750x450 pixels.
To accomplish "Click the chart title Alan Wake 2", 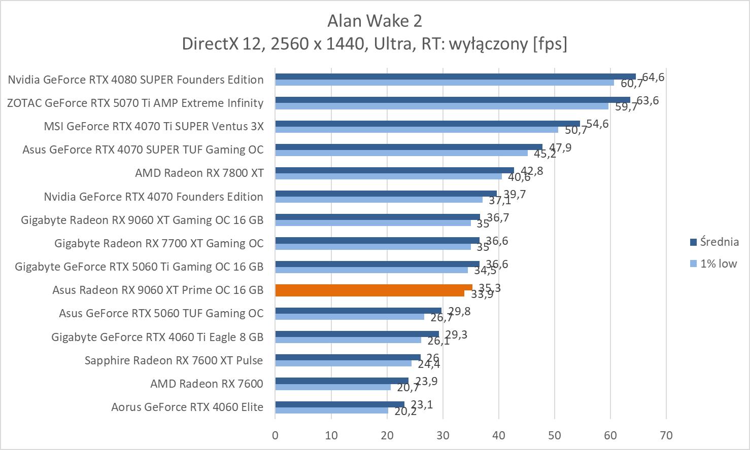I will click(374, 21).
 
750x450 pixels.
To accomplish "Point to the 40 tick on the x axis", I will click(499, 435).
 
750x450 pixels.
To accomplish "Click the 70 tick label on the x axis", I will click(666, 435).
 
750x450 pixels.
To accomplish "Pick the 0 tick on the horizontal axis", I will click(275, 435).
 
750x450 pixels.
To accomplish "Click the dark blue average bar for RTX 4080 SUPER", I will click(455, 77).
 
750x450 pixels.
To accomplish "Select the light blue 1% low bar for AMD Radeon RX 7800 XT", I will click(388, 176).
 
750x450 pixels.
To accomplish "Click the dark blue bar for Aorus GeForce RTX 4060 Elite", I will click(339, 404).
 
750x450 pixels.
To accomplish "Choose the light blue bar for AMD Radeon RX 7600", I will click(333, 387).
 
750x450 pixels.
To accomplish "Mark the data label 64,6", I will click(653, 77).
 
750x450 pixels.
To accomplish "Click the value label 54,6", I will click(597, 124).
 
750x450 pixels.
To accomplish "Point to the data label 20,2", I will click(405, 411).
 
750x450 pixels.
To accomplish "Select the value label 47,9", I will click(560, 147).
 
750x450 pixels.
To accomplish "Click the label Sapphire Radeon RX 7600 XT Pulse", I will click(174, 360).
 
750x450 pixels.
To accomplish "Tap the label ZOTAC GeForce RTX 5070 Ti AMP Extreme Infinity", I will click(135, 103).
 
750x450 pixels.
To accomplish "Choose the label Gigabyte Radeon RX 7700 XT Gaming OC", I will click(159, 243).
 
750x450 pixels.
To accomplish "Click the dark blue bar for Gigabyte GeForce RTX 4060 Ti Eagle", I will click(357, 334).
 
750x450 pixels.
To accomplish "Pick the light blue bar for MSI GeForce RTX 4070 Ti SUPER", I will click(417, 130).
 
